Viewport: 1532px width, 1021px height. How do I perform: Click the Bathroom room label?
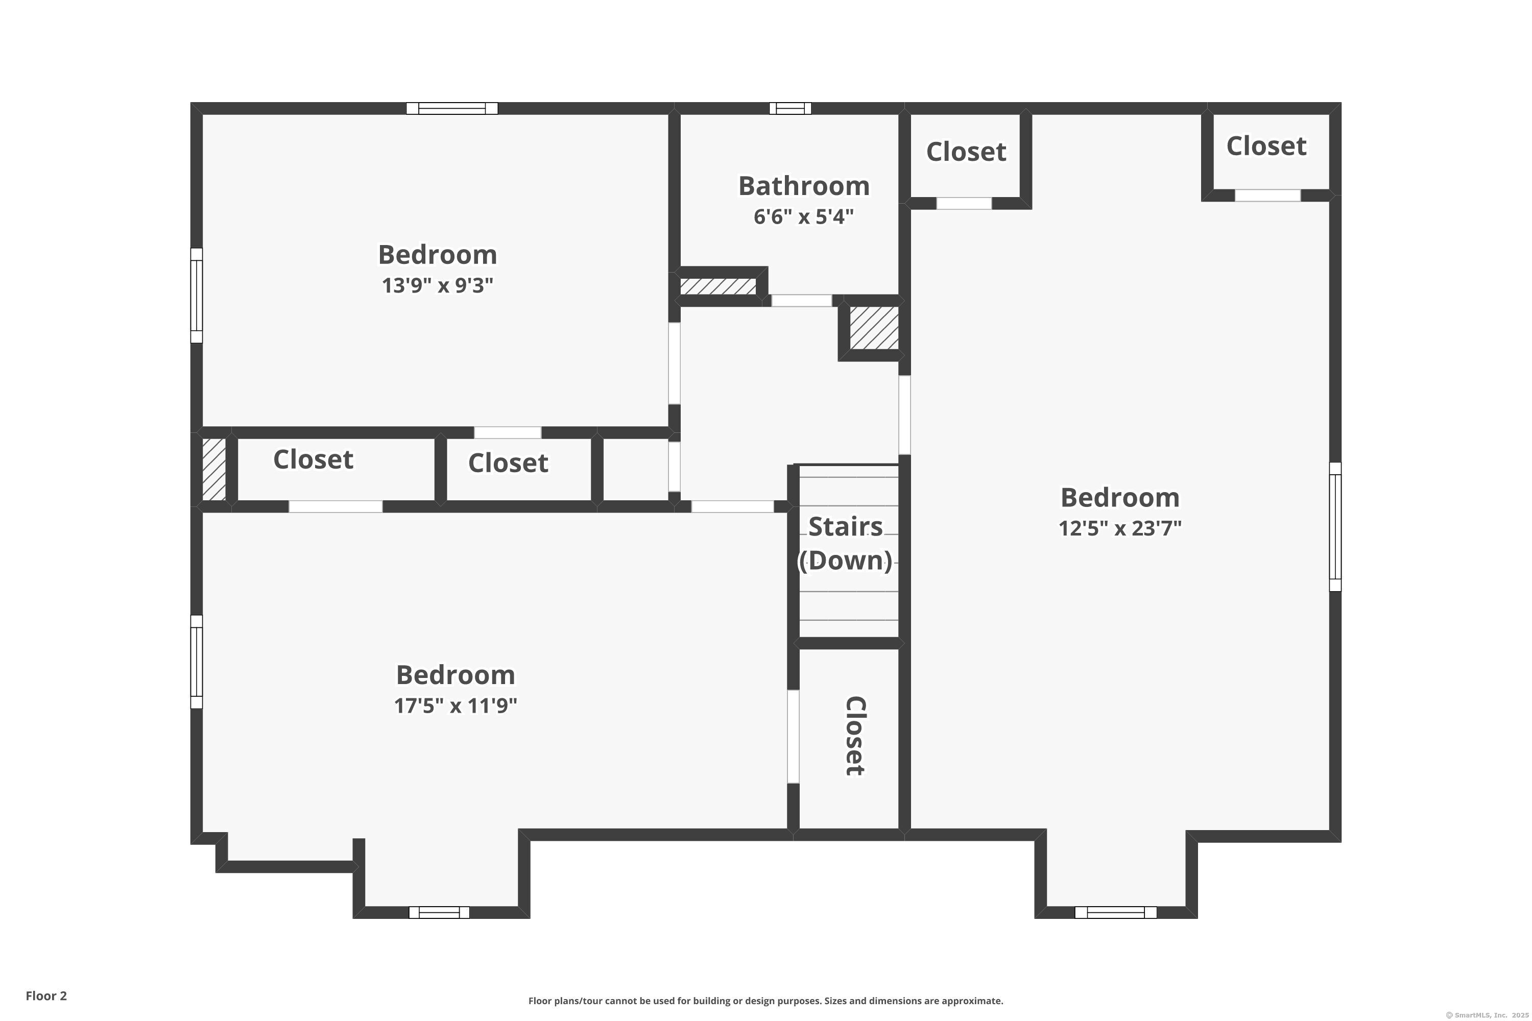pyautogui.click(x=803, y=186)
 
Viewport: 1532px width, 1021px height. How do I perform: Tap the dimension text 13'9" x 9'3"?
pyautogui.click(x=437, y=285)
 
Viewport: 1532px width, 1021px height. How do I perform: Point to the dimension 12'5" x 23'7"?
pyautogui.click(x=1120, y=527)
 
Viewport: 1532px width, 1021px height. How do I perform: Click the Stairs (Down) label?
pyautogui.click(x=846, y=543)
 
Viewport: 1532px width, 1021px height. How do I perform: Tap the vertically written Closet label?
pyautogui.click(x=854, y=736)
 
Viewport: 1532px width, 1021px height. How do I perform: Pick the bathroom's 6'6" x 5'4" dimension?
pyautogui.click(x=803, y=216)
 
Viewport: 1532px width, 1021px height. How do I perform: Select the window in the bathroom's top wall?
pyautogui.click(x=790, y=109)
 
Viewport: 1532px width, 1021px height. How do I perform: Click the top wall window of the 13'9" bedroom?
pyautogui.click(x=452, y=109)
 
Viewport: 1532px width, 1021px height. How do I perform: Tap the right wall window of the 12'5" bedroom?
pyautogui.click(x=1335, y=526)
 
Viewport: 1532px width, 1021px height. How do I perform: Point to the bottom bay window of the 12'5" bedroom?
pyautogui.click(x=1115, y=912)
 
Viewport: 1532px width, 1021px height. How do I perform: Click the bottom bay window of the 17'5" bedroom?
pyautogui.click(x=439, y=912)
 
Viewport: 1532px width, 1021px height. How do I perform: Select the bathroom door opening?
pyautogui.click(x=802, y=301)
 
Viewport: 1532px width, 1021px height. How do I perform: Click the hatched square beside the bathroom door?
pyautogui.click(x=874, y=328)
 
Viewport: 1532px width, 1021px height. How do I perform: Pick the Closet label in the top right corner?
pyautogui.click(x=1266, y=146)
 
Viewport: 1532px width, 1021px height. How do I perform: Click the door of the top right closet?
pyautogui.click(x=1267, y=196)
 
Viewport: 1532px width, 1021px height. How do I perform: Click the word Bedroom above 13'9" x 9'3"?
pyautogui.click(x=437, y=255)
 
